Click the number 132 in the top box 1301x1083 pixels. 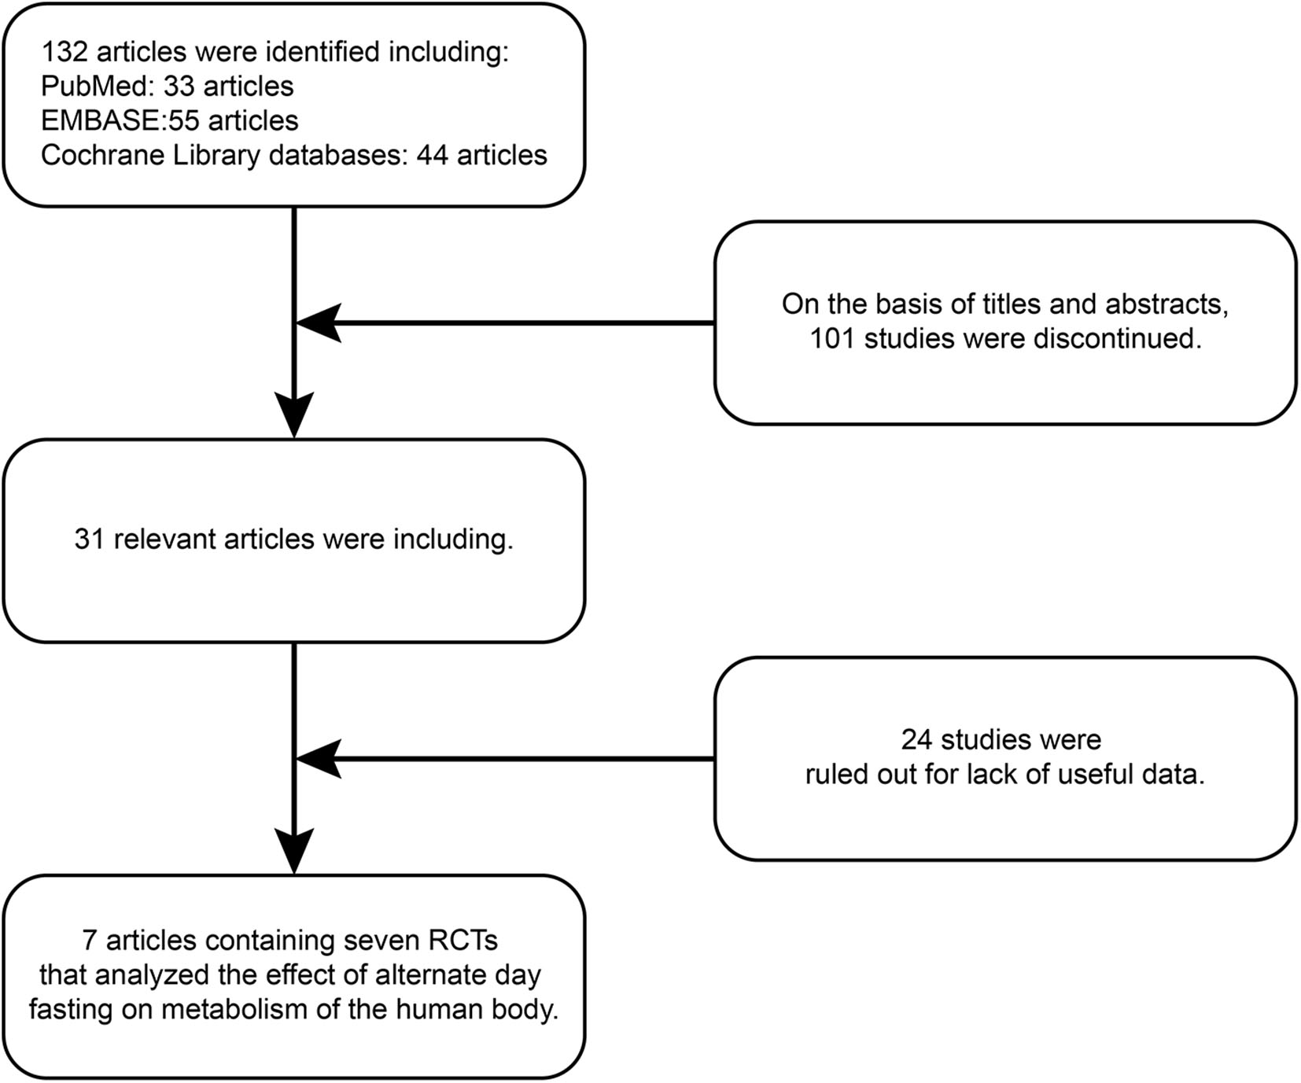[x=64, y=52]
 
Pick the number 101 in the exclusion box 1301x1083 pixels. [x=833, y=338]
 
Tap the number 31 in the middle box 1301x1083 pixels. [x=90, y=540]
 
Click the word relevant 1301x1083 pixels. [x=165, y=540]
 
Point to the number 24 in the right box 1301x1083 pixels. [x=917, y=740]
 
